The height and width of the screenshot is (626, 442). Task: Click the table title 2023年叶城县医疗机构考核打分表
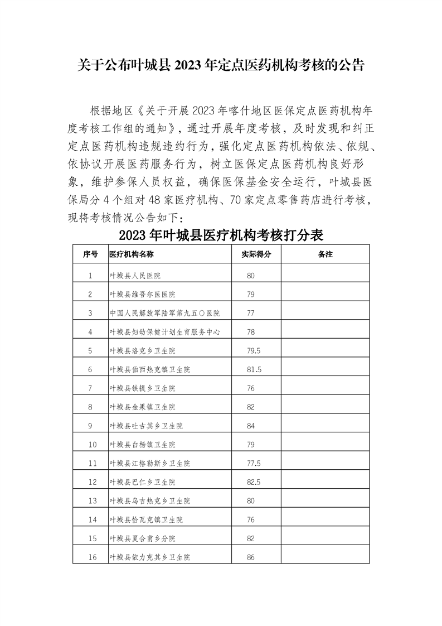point(221,235)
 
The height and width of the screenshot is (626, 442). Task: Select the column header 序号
point(90,254)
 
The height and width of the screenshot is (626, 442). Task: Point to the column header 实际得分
point(256,254)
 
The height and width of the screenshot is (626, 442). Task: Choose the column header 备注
point(324,254)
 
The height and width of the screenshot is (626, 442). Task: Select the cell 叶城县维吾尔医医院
point(142,294)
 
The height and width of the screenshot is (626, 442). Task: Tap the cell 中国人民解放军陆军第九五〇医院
point(164,313)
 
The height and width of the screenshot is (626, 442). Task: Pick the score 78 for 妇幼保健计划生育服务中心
point(251,332)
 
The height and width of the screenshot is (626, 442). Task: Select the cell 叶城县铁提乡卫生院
point(142,388)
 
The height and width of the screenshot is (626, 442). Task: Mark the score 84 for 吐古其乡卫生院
point(251,426)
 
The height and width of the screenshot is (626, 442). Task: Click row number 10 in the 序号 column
point(90,445)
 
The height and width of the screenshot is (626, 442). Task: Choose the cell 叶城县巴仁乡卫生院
point(142,482)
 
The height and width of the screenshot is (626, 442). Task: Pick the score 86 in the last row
point(251,557)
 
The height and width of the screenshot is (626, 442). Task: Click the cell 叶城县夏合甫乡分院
point(142,538)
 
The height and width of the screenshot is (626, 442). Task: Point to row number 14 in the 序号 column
point(90,519)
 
